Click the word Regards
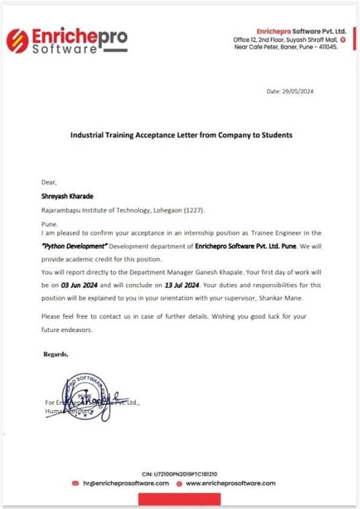point(55,354)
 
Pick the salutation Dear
point(49,182)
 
